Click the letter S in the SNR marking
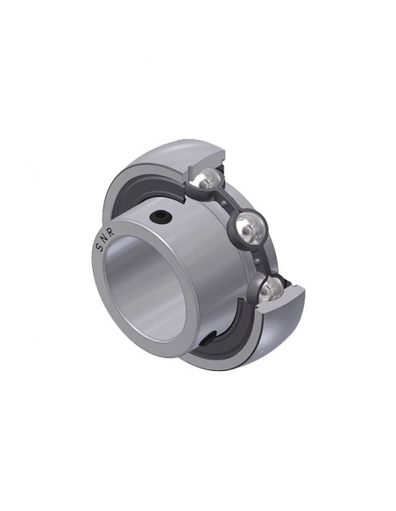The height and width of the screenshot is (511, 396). click(x=99, y=248)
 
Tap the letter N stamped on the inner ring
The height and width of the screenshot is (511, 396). click(x=103, y=240)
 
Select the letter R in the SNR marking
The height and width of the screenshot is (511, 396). click(x=110, y=233)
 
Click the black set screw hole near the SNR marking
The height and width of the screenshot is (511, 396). click(x=159, y=216)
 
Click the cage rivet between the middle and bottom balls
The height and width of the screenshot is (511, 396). click(x=258, y=261)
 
